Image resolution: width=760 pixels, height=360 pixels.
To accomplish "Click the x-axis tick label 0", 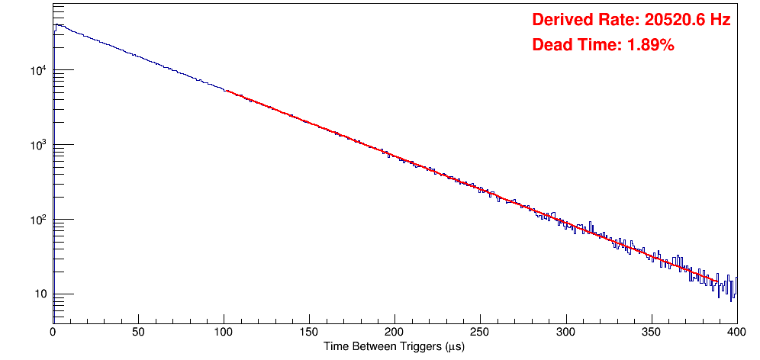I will tap(53, 332).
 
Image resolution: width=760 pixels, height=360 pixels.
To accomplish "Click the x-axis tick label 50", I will tap(138, 332).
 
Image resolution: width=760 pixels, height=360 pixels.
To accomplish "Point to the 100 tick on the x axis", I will tap(224, 332).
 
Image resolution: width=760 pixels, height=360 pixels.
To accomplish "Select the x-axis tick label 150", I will tap(309, 332).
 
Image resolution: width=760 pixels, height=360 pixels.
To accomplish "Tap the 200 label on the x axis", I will tap(394, 332).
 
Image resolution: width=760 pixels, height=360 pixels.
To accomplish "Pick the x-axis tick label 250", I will tap(480, 332).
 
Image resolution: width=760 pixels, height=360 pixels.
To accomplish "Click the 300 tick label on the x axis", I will tap(565, 332).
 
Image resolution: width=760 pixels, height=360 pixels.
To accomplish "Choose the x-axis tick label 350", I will tap(651, 332).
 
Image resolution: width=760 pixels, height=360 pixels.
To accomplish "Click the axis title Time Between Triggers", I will tap(394, 346).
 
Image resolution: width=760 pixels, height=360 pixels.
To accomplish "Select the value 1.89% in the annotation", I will tap(650, 45).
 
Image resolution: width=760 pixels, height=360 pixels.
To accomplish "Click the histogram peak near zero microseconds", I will tap(56, 24).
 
